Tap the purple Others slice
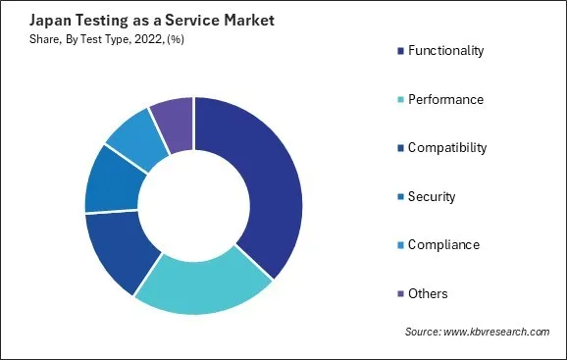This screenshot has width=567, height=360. pyautogui.click(x=173, y=127)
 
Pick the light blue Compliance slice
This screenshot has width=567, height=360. pyautogui.click(x=133, y=141)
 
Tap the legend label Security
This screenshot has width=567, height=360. pyautogui.click(x=433, y=196)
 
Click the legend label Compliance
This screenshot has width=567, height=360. pyautogui.click(x=443, y=244)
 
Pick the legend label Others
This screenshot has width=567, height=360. pyautogui.click(x=430, y=292)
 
